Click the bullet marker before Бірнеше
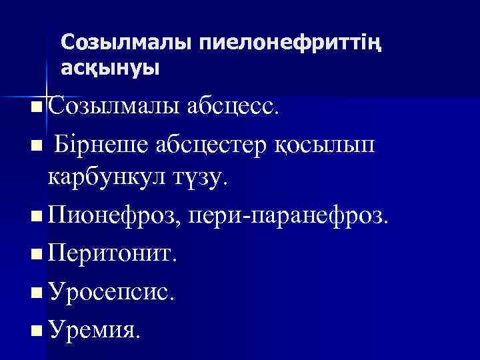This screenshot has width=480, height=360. click(35, 144)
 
